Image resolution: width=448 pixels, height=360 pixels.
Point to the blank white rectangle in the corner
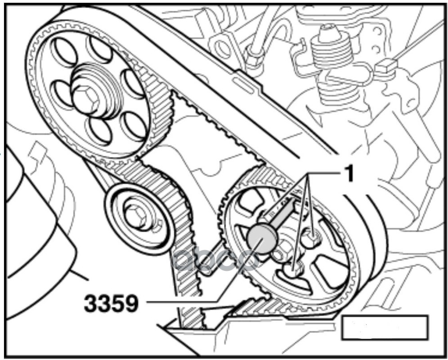385,327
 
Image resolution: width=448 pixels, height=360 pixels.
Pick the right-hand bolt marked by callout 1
311,239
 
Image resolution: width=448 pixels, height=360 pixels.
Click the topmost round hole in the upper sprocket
99,49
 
